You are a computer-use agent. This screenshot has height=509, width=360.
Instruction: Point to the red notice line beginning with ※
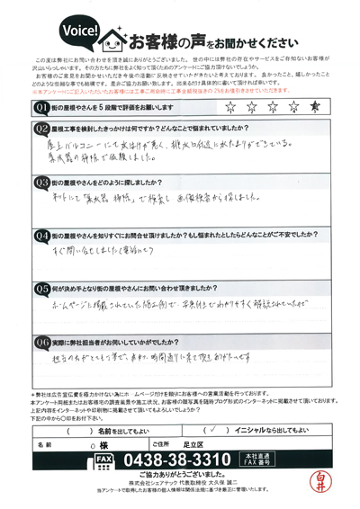[180, 91]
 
